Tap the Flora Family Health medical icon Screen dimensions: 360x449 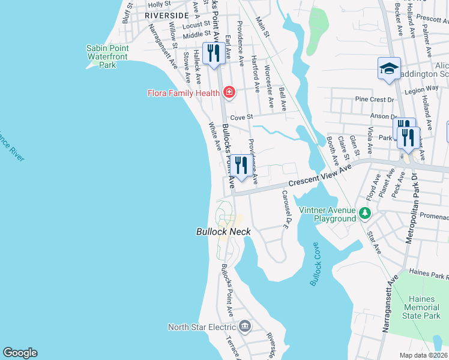tap(229, 92)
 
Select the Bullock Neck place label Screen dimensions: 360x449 tap(223, 232)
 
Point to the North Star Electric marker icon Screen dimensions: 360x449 tap(245, 326)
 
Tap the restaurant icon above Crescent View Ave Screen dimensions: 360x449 tap(241, 166)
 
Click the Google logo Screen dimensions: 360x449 tap(20, 353)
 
